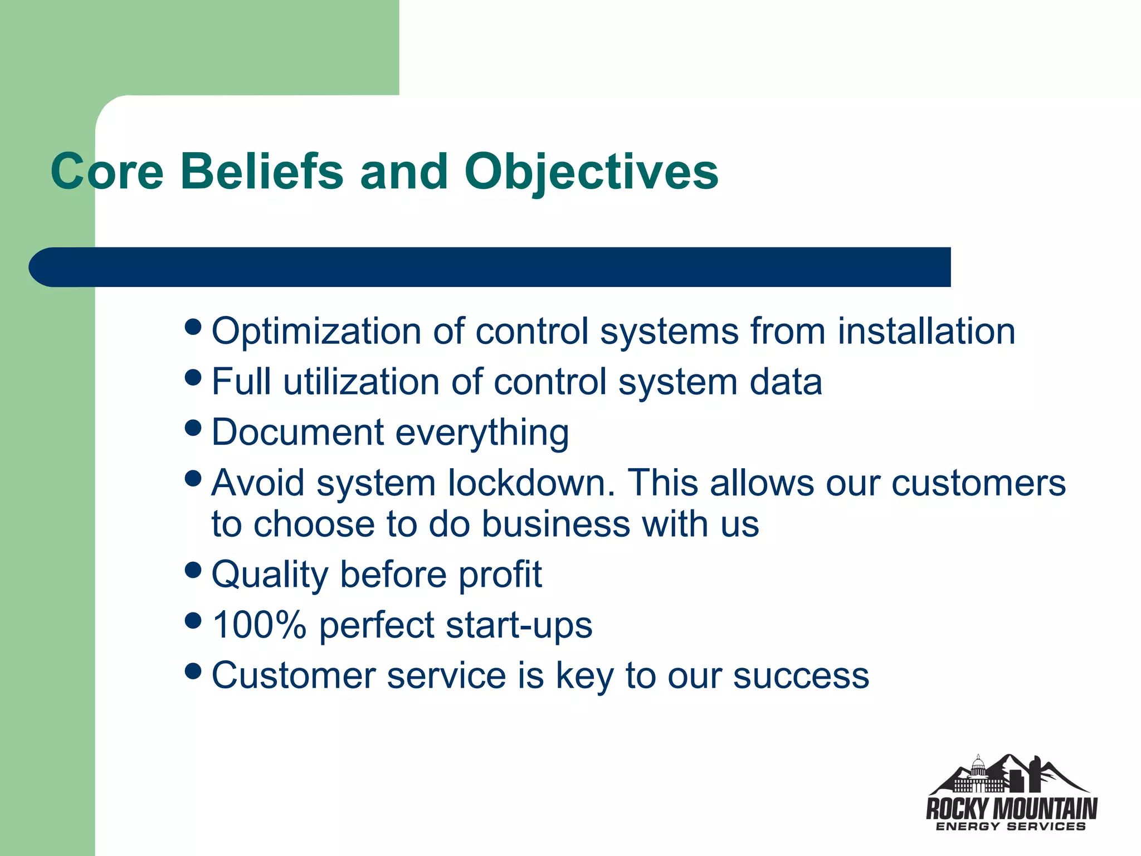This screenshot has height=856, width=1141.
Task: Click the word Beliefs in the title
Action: click(x=262, y=171)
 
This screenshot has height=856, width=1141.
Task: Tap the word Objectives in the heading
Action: click(x=591, y=171)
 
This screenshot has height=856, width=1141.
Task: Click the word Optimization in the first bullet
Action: click(x=316, y=332)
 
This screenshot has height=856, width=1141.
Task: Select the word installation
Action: click(x=926, y=331)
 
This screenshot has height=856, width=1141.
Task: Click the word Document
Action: click(x=298, y=432)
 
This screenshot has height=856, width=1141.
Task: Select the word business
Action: click(x=555, y=524)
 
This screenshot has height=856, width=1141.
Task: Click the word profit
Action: click(x=500, y=575)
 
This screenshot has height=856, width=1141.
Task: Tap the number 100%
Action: click(x=260, y=625)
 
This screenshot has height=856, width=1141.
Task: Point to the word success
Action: click(x=801, y=676)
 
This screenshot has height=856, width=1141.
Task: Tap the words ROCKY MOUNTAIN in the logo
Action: click(x=1011, y=808)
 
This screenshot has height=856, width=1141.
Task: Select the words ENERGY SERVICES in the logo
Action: click(x=1011, y=826)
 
